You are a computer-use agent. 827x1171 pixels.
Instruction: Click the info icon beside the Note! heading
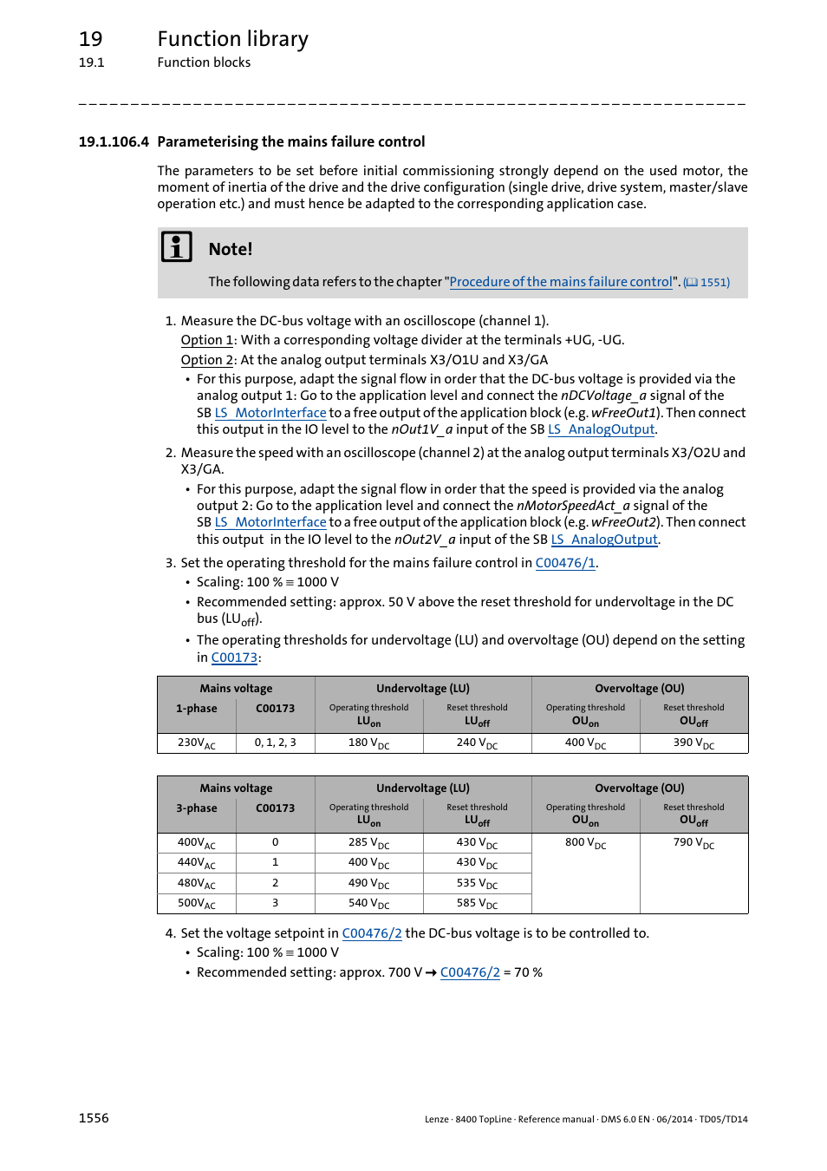[177, 247]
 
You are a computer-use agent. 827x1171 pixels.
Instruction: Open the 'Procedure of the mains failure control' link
[560, 282]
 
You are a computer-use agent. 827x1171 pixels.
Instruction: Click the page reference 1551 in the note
[707, 283]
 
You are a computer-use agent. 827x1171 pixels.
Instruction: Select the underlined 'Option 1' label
[206, 340]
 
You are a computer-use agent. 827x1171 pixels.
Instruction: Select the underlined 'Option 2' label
[206, 360]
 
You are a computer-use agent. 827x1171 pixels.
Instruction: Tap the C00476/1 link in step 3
[564, 563]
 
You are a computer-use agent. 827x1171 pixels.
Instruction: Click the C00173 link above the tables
[234, 657]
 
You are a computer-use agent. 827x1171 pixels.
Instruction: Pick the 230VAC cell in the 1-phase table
[196, 743]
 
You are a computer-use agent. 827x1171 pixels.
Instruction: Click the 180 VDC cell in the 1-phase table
[368, 743]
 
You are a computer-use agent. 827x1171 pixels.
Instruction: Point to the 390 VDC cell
[694, 743]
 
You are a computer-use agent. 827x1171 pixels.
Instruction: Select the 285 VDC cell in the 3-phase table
[368, 843]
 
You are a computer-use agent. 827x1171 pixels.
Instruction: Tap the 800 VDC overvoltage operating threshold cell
[585, 843]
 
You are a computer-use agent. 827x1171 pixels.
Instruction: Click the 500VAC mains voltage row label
[196, 904]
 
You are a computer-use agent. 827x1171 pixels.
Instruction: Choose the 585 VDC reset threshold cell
[477, 904]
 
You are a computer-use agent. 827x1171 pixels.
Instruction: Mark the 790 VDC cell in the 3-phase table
[694, 843]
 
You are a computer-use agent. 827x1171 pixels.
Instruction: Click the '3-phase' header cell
[196, 808]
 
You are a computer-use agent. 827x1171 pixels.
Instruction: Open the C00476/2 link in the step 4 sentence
[372, 933]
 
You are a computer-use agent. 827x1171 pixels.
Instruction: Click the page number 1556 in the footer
[94, 1118]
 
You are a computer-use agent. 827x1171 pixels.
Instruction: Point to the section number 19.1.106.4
[114, 142]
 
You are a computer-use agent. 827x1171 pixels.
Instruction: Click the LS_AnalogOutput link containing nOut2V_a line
[604, 540]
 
